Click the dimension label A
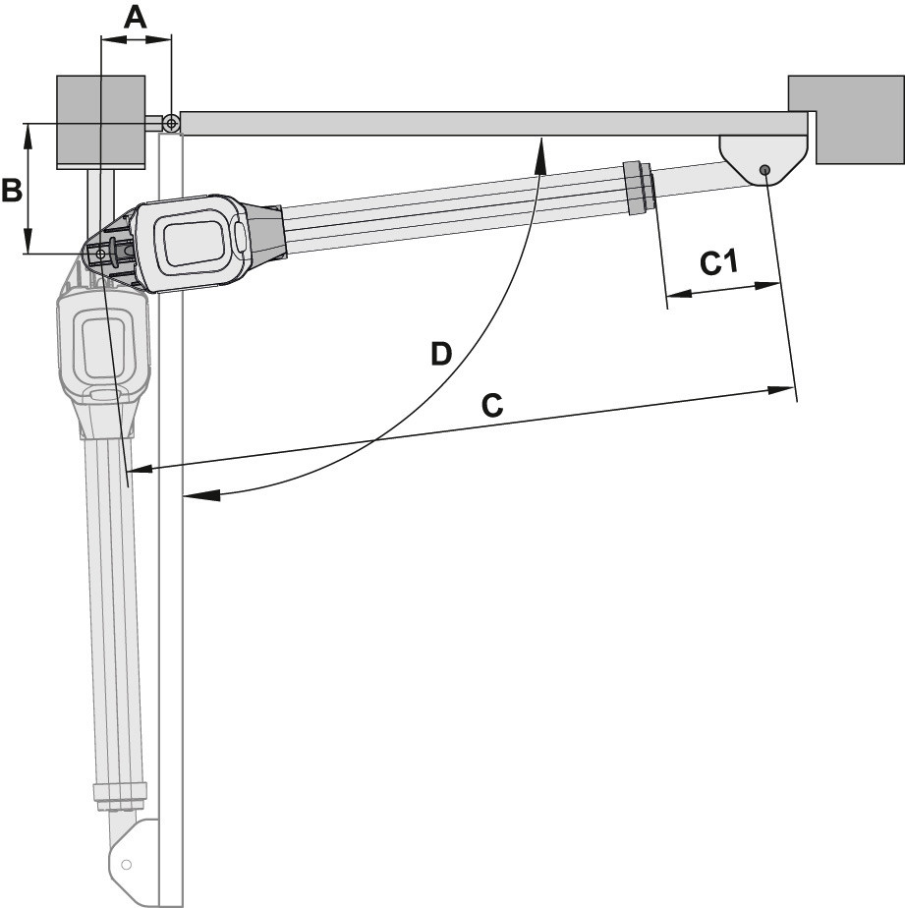(137, 17)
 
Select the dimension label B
(12, 190)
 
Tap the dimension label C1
(718, 262)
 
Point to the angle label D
(440, 352)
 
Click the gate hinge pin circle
(171, 123)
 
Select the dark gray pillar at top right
(846, 120)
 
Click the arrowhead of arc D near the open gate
(195, 495)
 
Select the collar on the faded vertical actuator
(121, 794)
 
